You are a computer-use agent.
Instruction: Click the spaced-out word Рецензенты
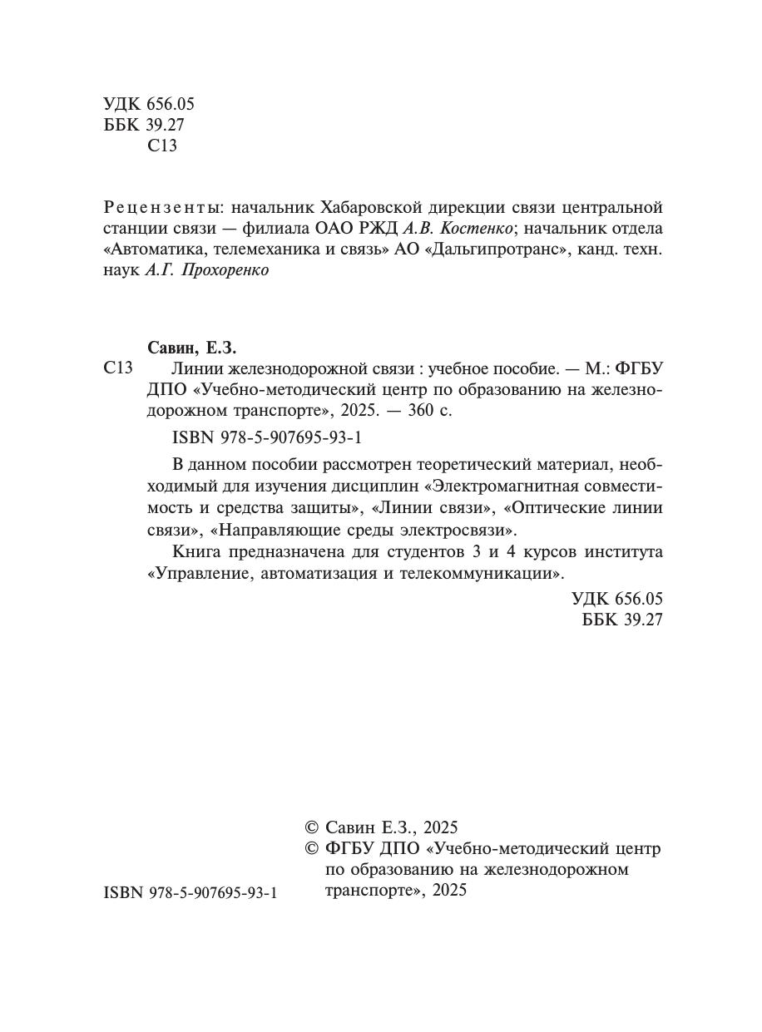(x=163, y=207)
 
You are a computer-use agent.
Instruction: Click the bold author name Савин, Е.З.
(x=197, y=348)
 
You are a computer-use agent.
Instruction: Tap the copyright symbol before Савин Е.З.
(x=312, y=827)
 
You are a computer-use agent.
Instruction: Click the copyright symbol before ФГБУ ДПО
(x=312, y=849)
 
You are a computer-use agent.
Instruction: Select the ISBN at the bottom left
(x=190, y=892)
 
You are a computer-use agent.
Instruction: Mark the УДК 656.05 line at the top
(x=149, y=104)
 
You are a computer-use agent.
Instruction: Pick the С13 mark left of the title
(x=118, y=368)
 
